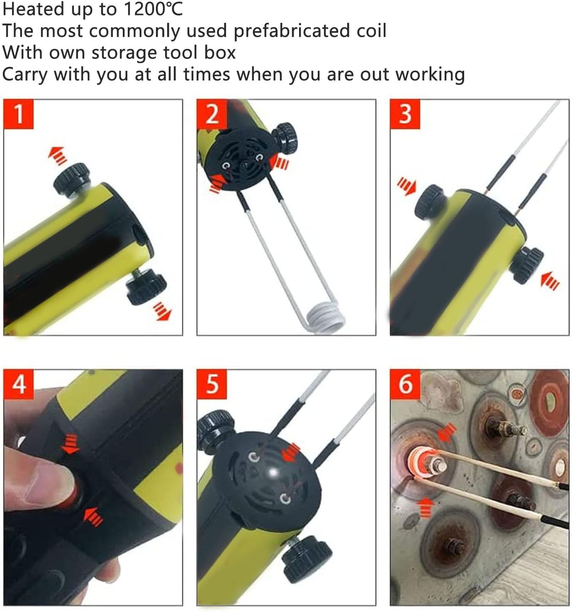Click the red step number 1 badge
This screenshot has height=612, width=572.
tap(18, 114)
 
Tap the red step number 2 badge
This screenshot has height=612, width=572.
tap(212, 114)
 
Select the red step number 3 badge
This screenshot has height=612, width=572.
tap(405, 114)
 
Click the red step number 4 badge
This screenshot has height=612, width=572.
tap(18, 384)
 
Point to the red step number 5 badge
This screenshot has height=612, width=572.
tap(212, 384)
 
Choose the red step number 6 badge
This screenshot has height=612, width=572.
tap(405, 384)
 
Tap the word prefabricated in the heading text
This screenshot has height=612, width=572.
tap(292, 31)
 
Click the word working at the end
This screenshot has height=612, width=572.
tap(430, 75)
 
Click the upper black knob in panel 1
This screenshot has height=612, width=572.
tap(72, 178)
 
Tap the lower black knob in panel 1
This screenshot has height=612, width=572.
tap(146, 286)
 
